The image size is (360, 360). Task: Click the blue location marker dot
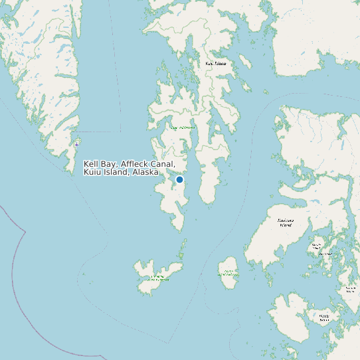(x=179, y=179)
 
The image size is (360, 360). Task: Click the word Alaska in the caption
(x=145, y=172)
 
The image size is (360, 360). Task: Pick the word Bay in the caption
(x=109, y=163)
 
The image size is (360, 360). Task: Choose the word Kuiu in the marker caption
(x=92, y=172)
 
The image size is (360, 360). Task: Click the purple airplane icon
(x=77, y=143)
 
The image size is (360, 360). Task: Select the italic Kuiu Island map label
(x=216, y=64)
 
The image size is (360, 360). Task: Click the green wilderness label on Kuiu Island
(x=183, y=127)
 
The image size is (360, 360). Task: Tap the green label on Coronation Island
(x=158, y=278)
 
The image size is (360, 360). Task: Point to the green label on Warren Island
(x=228, y=272)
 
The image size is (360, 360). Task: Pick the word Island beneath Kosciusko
(x=286, y=225)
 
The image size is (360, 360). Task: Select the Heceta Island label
(x=324, y=317)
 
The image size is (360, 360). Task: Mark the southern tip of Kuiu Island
(x=182, y=230)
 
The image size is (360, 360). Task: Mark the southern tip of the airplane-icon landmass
(x=72, y=171)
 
